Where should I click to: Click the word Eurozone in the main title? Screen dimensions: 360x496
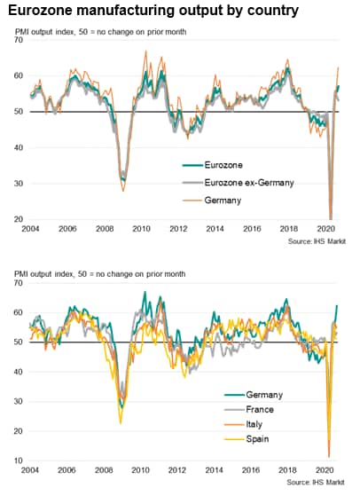tap(40, 11)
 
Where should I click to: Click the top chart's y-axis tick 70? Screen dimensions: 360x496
tap(19, 40)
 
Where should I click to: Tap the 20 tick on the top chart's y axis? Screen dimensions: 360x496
tap(19, 219)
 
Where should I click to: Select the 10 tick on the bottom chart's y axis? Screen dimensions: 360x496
tap(18, 461)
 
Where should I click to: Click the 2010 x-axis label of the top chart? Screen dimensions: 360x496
tap(141, 228)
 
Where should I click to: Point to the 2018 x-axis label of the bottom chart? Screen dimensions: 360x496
tap(287, 470)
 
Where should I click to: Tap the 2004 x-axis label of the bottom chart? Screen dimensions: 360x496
tap(30, 470)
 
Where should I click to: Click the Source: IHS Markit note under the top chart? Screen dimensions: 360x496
tap(317, 241)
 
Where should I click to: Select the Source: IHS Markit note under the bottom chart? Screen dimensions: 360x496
tap(316, 483)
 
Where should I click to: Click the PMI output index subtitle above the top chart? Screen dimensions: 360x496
tap(100, 32)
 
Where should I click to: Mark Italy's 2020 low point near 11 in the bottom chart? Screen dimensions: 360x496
tap(329, 456)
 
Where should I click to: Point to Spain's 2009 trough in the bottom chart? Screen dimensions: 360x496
tap(121, 422)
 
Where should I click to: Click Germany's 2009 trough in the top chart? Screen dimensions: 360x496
tap(123, 191)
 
